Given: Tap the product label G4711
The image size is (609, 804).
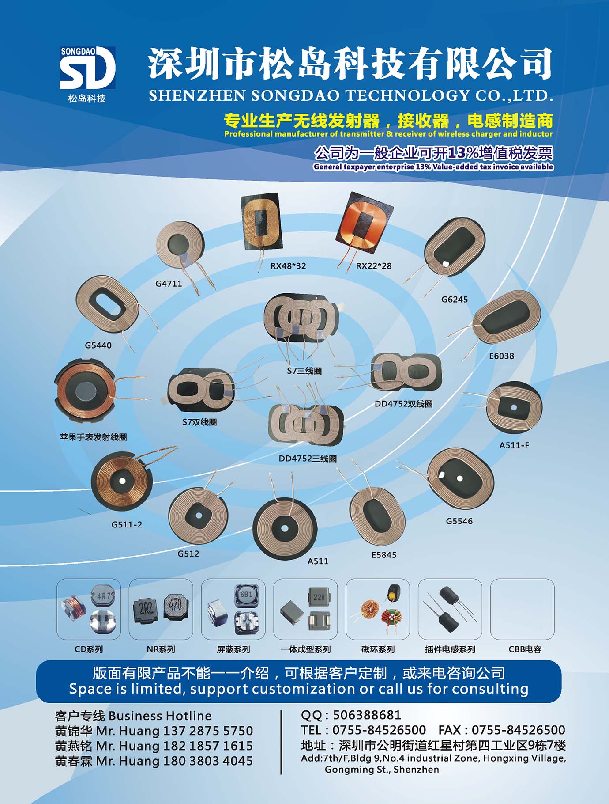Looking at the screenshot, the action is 169,284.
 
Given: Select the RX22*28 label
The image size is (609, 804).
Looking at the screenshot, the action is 374,266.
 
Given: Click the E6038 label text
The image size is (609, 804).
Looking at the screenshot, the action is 501,356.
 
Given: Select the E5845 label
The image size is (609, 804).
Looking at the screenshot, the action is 384,555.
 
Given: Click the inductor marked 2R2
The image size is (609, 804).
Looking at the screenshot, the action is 146,610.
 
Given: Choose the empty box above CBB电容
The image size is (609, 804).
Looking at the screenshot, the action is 522,609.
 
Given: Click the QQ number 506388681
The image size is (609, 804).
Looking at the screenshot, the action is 367,715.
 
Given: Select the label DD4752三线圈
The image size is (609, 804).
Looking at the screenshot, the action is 308,459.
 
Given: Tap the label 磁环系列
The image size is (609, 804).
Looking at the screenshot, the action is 378,649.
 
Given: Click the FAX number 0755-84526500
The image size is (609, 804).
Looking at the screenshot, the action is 518,730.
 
